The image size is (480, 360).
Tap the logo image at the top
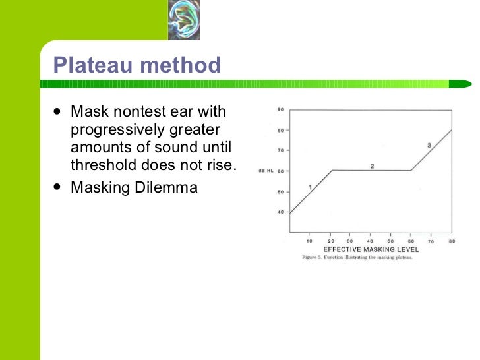tap(183, 20)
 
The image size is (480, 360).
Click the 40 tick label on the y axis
tap(280, 212)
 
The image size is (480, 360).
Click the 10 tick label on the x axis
tap(309, 241)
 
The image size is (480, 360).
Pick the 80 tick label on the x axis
tap(452, 241)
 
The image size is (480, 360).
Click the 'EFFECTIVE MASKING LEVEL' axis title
tap(371, 250)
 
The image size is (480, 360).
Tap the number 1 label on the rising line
tap(309, 188)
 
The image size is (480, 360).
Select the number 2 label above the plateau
tap(372, 166)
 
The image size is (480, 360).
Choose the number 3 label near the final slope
tap(429, 145)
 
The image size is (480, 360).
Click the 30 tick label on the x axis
tap(350, 241)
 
